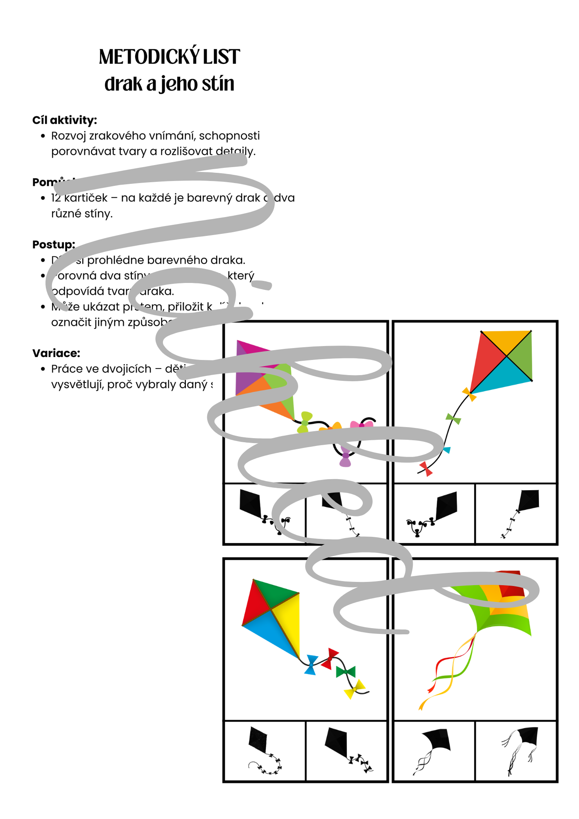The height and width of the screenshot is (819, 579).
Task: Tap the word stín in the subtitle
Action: tap(217, 84)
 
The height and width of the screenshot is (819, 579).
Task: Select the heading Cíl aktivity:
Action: tap(65, 120)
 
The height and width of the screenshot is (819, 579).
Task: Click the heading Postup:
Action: tap(54, 244)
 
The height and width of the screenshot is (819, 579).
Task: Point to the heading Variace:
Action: tap(56, 353)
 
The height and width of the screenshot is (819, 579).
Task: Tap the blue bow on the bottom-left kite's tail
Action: tap(311, 665)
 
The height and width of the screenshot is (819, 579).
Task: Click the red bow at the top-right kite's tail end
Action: tap(426, 468)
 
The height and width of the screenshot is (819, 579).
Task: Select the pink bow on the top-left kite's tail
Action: tap(362, 424)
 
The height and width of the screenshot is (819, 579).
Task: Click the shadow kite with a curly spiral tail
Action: tap(262, 751)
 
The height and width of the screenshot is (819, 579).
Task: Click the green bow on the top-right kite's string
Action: tap(453, 419)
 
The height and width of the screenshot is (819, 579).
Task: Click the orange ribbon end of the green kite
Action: tap(421, 706)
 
